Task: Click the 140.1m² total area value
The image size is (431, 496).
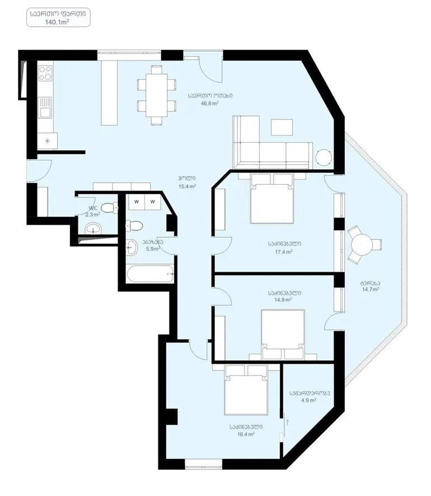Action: (57, 22)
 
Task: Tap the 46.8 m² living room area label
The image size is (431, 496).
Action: (210, 103)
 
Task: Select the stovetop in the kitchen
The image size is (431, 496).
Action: (45, 73)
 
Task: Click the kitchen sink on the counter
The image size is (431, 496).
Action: (45, 108)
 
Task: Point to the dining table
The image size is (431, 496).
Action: (156, 95)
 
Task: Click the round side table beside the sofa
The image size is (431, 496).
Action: (324, 157)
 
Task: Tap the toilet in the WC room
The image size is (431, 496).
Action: (109, 208)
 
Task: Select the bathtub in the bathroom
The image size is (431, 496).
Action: (150, 274)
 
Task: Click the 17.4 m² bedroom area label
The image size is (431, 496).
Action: (284, 252)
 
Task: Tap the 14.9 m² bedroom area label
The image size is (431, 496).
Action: (283, 300)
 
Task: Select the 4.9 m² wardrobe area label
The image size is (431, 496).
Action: (309, 400)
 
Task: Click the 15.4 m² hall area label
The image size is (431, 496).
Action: (187, 187)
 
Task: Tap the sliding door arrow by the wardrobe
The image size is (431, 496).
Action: (288, 422)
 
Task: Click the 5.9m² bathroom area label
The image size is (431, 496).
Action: (153, 249)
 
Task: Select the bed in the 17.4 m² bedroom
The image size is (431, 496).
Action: (272, 198)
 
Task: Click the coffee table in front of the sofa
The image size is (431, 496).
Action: (282, 127)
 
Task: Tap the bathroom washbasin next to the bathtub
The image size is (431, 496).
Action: (132, 248)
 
